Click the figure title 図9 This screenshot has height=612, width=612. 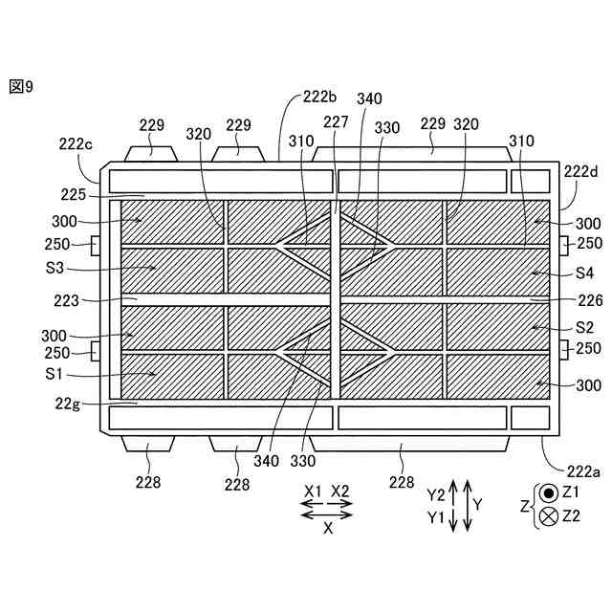coord(21,87)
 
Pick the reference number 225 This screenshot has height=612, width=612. coord(73,194)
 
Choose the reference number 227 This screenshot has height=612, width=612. coord(336,121)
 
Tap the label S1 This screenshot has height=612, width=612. coord(54,372)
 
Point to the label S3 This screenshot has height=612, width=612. coord(55,269)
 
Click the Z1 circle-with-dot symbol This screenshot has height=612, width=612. coord(549,493)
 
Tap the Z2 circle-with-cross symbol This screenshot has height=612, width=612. coord(549,516)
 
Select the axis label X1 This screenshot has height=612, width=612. coord(313,491)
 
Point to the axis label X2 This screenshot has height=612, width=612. coord(341,491)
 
